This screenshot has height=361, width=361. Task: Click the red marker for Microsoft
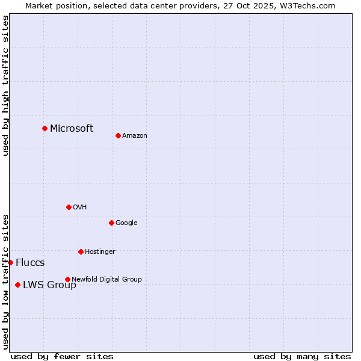[x=45, y=128]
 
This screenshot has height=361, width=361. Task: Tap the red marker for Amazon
[x=118, y=135]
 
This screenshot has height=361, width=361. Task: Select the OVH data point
[x=69, y=207]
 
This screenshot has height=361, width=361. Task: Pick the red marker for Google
[x=111, y=223]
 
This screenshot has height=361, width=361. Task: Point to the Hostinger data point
[x=81, y=251]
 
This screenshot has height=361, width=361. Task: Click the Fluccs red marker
[x=10, y=262]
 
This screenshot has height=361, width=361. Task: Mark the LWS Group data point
[x=17, y=285]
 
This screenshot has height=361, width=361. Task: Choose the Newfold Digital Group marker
[x=67, y=279]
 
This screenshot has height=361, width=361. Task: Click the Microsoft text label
[x=72, y=128]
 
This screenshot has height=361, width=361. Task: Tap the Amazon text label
[x=135, y=136]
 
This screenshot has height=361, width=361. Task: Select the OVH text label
[x=80, y=208]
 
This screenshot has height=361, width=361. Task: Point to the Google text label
[x=126, y=223]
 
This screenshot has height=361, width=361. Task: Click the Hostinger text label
[x=100, y=251]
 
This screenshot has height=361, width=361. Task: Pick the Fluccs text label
[x=30, y=263]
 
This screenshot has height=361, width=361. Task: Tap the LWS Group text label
[x=49, y=285]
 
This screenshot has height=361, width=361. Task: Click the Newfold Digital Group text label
[x=106, y=279]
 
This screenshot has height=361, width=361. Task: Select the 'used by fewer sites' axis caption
[x=62, y=356]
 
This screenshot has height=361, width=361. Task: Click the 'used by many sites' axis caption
[x=302, y=356]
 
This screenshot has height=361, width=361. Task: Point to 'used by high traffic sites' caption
[x=6, y=85]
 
